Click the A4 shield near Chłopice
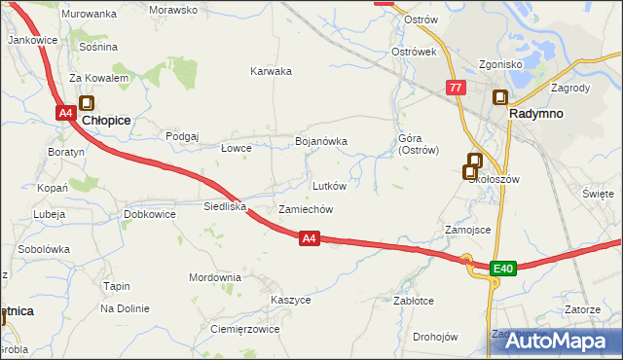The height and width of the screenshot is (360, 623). [65, 113]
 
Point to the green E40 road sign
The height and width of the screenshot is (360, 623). [502, 268]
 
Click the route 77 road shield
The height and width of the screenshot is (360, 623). [456, 88]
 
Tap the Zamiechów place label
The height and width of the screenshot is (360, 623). [307, 209]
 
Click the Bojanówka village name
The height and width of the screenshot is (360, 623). [321, 141]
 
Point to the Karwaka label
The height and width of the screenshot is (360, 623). [271, 71]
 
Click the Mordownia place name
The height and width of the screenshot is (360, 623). [215, 277]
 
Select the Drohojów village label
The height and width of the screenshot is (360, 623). [434, 338]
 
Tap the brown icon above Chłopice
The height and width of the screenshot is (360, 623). [86, 102]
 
